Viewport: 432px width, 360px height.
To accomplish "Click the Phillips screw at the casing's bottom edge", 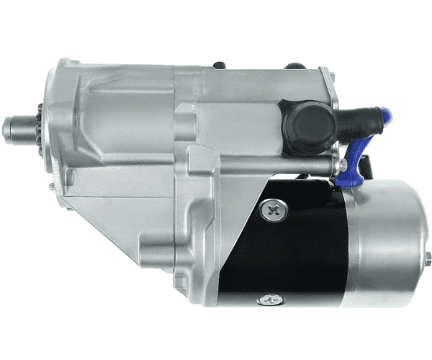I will (270, 300).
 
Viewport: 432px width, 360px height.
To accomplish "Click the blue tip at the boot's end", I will (387, 115).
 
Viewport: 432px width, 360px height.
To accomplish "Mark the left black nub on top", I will (219, 66).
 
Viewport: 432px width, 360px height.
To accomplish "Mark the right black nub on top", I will (295, 66).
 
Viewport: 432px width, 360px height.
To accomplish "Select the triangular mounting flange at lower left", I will (108, 216).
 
